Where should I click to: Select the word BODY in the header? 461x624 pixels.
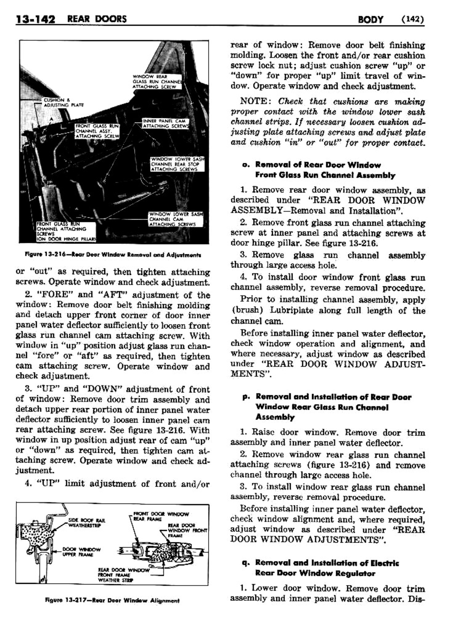(x=371, y=19)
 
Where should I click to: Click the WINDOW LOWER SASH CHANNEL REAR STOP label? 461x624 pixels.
(x=177, y=164)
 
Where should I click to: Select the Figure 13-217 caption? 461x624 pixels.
(x=112, y=600)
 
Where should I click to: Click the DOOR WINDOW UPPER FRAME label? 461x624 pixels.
(x=81, y=552)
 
